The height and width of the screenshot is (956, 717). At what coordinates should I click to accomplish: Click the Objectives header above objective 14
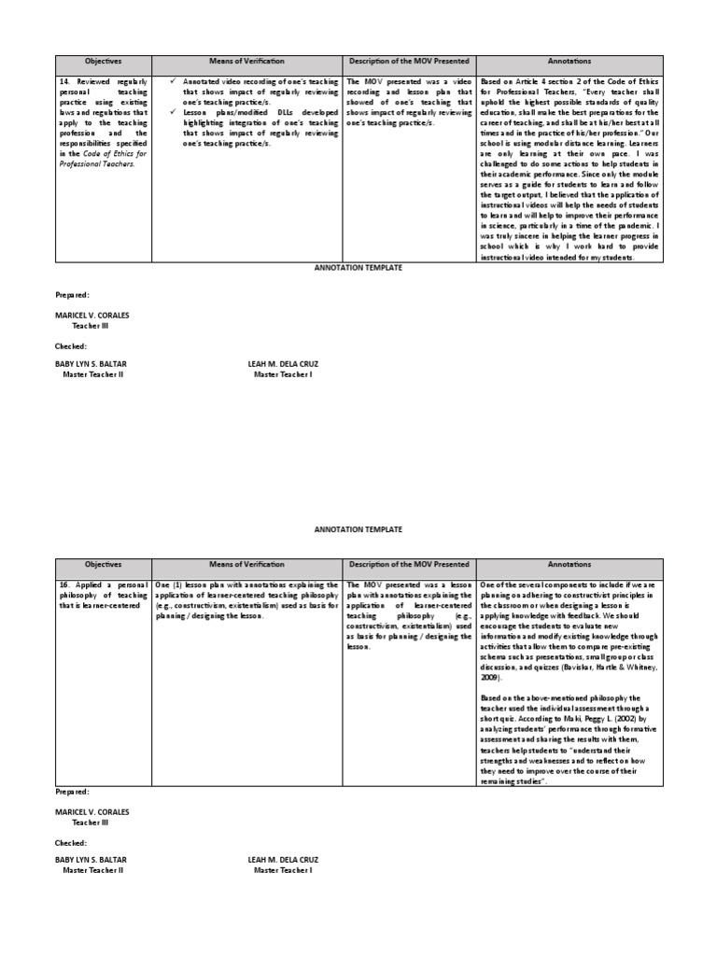103,63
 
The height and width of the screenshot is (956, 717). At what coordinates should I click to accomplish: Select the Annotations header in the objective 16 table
569,565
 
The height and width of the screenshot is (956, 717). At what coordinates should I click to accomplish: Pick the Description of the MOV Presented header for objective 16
409,565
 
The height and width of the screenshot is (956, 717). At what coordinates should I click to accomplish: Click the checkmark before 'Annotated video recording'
174,81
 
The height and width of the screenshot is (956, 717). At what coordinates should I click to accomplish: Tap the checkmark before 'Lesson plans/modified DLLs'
174,112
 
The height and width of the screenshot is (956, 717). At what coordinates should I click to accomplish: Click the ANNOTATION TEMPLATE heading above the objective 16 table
358,529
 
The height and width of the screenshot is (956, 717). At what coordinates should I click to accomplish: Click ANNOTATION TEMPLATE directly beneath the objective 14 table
358,268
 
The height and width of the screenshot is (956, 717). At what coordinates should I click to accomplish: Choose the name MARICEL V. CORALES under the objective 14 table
92,316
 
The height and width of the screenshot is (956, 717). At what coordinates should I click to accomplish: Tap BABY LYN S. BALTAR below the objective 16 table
91,859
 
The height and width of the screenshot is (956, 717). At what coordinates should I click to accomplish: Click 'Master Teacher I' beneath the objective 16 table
283,870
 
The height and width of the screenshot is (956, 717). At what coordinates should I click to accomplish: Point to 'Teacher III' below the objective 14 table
92,328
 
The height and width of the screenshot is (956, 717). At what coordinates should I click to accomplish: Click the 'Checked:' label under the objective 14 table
71,345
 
